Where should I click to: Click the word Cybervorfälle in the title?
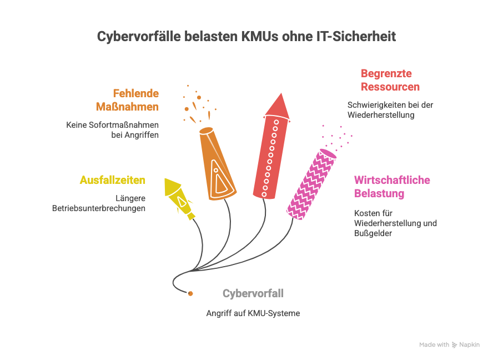[132, 37]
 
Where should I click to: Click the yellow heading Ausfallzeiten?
[113, 180]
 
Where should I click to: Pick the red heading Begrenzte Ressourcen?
[390, 80]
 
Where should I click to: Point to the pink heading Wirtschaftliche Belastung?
[392, 187]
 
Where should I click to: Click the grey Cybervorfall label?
[253, 293]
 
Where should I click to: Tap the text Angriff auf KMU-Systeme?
[253, 313]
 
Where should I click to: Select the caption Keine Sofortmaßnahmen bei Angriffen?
[113, 129]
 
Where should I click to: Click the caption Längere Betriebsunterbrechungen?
[99, 203]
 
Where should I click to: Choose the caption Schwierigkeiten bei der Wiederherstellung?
[390, 110]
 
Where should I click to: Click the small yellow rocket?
[179, 198]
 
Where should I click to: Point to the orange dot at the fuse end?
[190, 293]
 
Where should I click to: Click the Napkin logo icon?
[455, 345]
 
